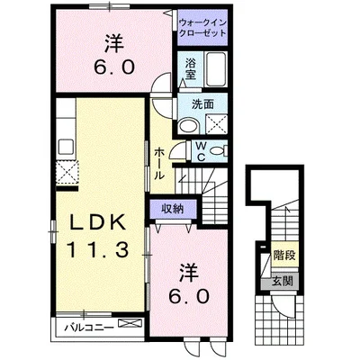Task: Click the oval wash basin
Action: [186, 127]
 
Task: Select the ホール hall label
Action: [158, 162]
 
